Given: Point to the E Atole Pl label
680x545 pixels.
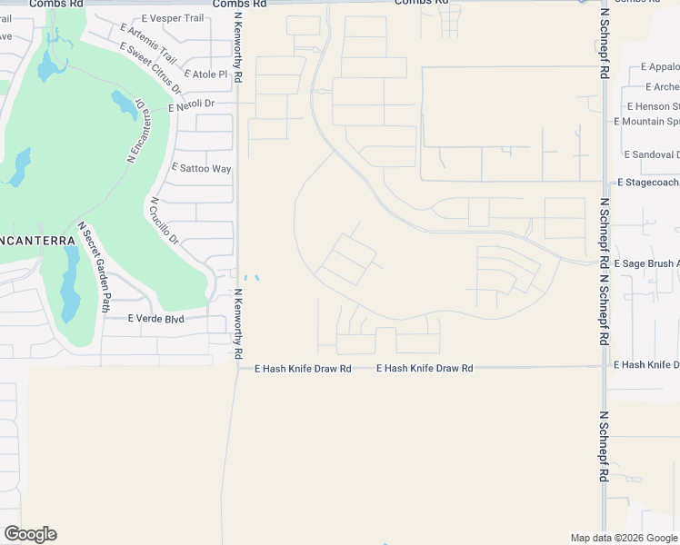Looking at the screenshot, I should coord(205,74).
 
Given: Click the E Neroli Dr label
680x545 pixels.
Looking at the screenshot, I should coord(192,104).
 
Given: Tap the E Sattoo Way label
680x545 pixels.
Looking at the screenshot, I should coord(202,169).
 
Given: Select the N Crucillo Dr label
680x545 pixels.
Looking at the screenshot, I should coord(165,221).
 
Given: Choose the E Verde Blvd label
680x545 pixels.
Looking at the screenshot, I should coord(155,319).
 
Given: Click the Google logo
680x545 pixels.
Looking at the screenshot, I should coord(30,534).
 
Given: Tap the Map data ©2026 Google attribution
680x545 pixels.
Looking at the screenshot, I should coord(624,538).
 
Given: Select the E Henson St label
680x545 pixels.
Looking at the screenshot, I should coord(650,106).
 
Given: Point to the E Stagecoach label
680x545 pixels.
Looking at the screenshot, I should coord(648,183).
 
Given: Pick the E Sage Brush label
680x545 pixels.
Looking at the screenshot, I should coord(646,263).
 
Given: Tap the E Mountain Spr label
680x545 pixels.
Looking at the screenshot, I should coord(647,122).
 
